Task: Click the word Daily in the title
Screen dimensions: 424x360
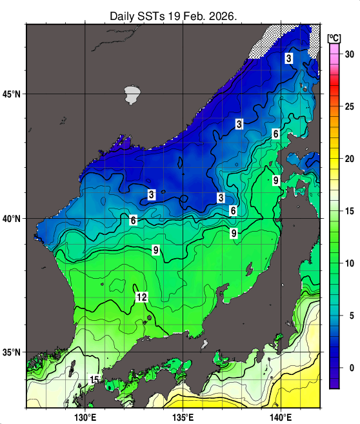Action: pyautogui.click(x=123, y=15)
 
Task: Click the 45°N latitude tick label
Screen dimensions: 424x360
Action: pyautogui.click(x=12, y=94)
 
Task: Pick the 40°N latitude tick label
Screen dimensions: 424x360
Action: pyautogui.click(x=12, y=219)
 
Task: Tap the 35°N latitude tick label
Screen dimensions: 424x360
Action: pyautogui.click(x=12, y=352)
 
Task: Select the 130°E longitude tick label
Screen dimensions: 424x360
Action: pyautogui.click(x=85, y=416)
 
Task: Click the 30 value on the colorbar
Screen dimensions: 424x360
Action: pyautogui.click(x=350, y=54)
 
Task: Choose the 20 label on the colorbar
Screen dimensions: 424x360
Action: pyautogui.click(x=350, y=158)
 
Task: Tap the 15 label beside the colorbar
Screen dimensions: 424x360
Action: pyautogui.click(x=350, y=211)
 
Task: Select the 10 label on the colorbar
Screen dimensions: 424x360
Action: pyautogui.click(x=350, y=263)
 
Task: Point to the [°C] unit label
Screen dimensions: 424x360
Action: pyautogui.click(x=334, y=37)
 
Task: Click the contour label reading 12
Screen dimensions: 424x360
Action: pyautogui.click(x=142, y=297)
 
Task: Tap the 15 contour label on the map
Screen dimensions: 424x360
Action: pyautogui.click(x=94, y=379)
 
